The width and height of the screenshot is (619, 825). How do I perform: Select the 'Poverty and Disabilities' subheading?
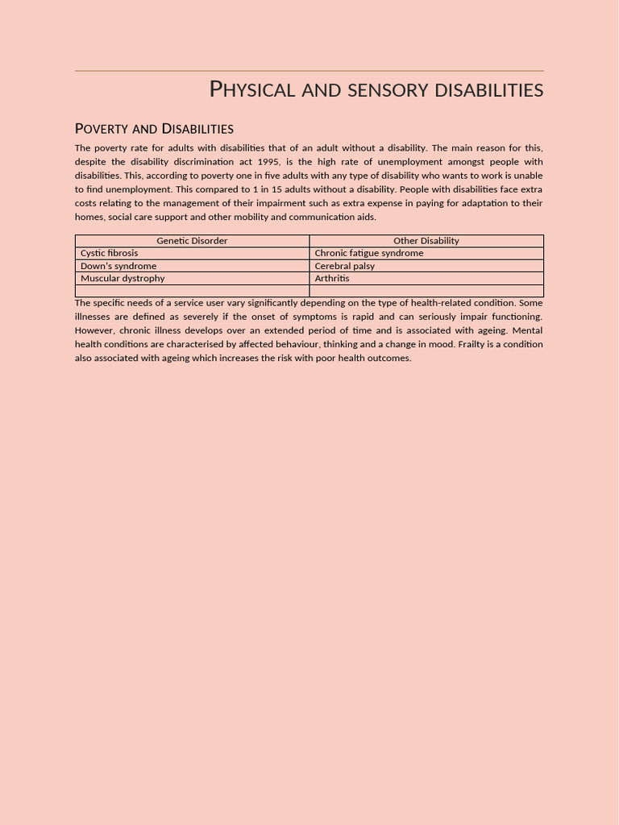click(154, 129)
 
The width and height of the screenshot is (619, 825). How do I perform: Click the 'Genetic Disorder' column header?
click(192, 241)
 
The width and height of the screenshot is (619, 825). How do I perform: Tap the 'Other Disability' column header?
click(426, 241)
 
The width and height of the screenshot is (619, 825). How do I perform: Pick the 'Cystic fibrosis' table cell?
click(109, 253)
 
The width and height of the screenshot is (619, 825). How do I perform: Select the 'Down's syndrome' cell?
click(118, 266)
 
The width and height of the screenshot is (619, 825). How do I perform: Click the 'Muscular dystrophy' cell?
click(123, 278)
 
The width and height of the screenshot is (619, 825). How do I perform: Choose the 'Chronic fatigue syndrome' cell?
click(368, 253)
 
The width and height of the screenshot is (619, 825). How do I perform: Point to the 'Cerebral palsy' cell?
click(344, 266)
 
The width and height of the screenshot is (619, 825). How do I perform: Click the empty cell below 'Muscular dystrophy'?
click(192, 291)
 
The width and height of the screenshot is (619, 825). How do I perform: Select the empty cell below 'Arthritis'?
click(426, 291)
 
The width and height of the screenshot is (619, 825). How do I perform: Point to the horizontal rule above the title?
click(309, 71)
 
